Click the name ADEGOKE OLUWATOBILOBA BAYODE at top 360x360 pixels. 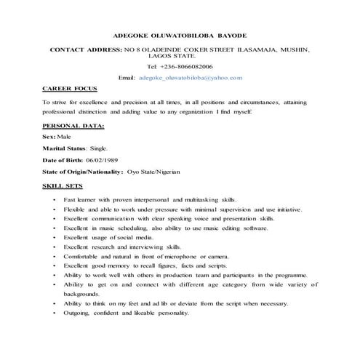point(180,34)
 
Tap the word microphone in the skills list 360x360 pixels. point(189,257)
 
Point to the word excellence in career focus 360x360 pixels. point(91,103)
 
